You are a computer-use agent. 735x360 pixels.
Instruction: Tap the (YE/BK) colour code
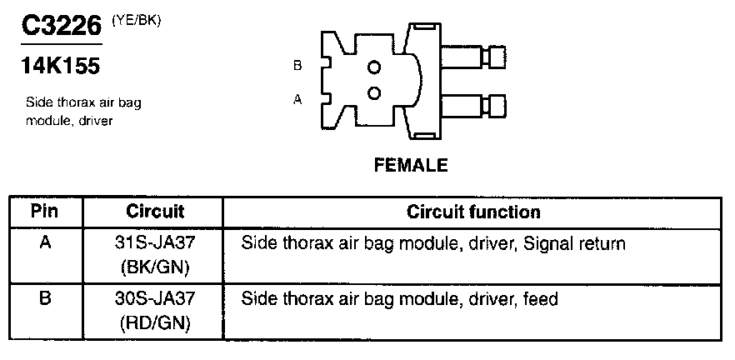(x=137, y=21)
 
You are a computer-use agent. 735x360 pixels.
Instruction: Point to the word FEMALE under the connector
(x=409, y=165)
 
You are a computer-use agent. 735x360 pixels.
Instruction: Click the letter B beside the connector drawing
(x=297, y=66)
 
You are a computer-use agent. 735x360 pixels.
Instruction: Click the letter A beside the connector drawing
(x=297, y=98)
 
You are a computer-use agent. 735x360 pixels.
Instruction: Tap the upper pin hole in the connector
(x=374, y=67)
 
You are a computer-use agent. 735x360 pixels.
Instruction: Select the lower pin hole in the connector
(x=374, y=92)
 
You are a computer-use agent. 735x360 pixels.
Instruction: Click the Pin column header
(x=45, y=211)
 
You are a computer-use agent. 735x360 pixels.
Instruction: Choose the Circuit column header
(x=155, y=212)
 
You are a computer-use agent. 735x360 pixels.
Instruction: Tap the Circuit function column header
(x=473, y=212)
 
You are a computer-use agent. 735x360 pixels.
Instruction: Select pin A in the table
(x=45, y=244)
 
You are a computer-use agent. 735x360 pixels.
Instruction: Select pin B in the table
(x=45, y=297)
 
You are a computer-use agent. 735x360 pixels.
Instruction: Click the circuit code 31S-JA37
(x=156, y=244)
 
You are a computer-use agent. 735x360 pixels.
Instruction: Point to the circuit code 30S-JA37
(x=156, y=297)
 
